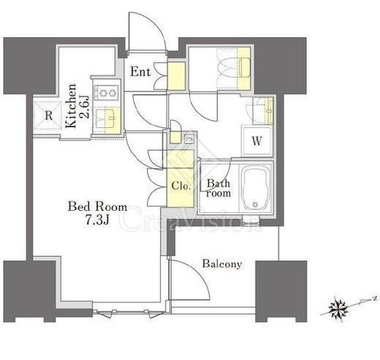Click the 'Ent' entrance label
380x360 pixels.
click(140, 72)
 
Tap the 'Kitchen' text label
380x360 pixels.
click(71, 106)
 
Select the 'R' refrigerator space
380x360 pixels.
click(48, 115)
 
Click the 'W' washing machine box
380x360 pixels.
click(256, 141)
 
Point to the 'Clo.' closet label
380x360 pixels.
click(180, 186)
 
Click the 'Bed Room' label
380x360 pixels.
click(97, 207)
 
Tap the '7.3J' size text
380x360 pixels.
click(98, 220)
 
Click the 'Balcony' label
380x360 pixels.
click(222, 264)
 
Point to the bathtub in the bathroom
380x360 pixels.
click(256, 188)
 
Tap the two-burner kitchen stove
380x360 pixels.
click(107, 93)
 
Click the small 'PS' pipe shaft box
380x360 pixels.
click(189, 139)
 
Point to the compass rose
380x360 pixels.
click(338, 310)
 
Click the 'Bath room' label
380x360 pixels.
click(218, 188)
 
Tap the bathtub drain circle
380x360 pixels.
click(255, 204)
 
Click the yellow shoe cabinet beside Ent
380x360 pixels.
click(176, 75)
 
